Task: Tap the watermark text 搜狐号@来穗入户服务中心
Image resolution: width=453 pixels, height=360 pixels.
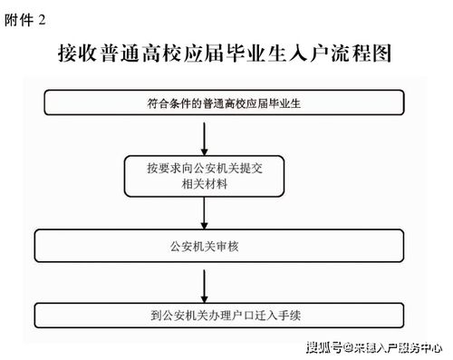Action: click(x=373, y=345)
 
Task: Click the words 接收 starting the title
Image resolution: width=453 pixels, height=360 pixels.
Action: click(x=76, y=54)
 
